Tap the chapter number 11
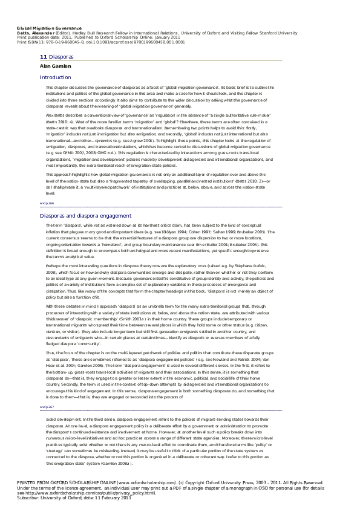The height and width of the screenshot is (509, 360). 43,56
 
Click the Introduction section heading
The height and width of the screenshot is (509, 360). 55,78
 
